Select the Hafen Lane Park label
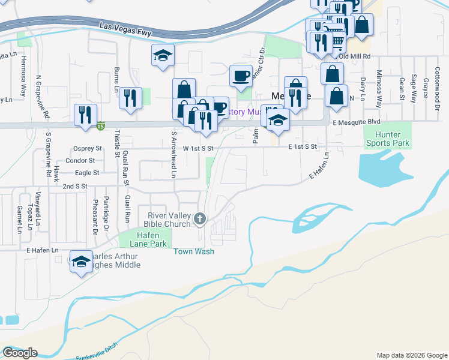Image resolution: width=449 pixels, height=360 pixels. (145, 239)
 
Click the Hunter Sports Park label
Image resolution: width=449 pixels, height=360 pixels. (387, 139)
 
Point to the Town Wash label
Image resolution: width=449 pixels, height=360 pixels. (194, 252)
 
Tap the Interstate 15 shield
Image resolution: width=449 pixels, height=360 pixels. (101, 125)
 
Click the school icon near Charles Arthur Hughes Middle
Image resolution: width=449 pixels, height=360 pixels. (81, 262)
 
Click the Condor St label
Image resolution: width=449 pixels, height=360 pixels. (80, 161)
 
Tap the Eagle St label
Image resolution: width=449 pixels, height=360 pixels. (86, 173)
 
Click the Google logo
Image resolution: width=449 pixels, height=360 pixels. (20, 353)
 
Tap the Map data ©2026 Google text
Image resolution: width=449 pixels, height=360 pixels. (411, 355)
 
